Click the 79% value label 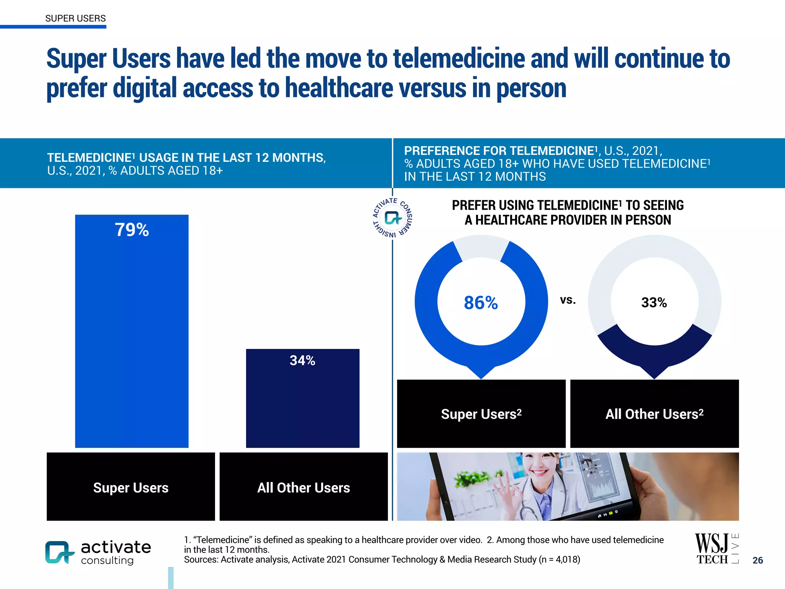(132, 230)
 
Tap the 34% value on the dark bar (302, 360)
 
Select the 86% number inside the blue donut (481, 303)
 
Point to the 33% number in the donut (654, 303)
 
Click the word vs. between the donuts (568, 300)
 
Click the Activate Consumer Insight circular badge (392, 218)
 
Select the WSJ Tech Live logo (716, 548)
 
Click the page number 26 (757, 560)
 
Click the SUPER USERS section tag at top (76, 18)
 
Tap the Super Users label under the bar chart (131, 488)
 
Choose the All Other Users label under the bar (304, 488)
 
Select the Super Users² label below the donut (481, 414)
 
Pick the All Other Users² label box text (654, 414)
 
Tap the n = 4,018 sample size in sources (560, 559)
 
